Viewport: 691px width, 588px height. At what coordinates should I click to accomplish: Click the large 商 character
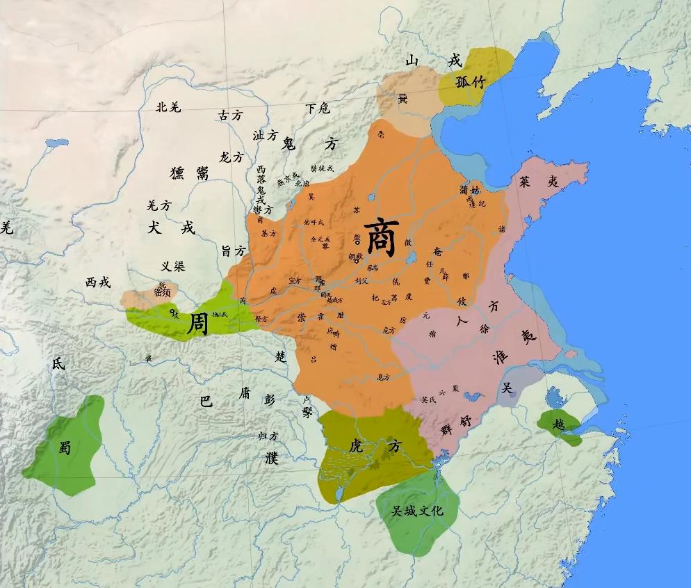point(381,237)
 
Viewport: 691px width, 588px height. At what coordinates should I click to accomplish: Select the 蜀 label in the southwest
point(65,448)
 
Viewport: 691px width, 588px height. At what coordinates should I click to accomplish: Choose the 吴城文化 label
point(417,511)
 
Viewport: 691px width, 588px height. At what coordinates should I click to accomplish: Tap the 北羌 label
point(168,106)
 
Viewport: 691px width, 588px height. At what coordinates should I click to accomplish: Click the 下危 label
point(318,109)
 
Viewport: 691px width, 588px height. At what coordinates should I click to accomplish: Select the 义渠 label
point(173,266)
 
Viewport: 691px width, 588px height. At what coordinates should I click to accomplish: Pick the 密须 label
point(163,292)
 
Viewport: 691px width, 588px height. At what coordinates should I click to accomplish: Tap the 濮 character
point(270,457)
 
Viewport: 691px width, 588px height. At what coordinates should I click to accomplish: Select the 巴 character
point(206,402)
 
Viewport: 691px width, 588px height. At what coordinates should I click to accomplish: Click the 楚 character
point(280,356)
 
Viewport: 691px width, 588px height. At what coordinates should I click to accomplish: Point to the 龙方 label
point(231,157)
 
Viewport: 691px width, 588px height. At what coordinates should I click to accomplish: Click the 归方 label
point(268,436)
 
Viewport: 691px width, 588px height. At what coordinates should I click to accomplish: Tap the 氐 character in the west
point(58,363)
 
